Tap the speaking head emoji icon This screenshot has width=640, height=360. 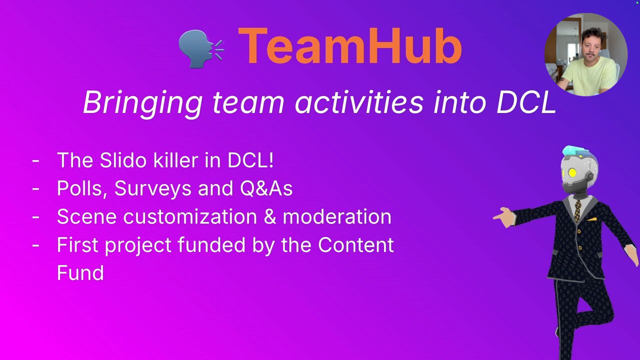point(201,48)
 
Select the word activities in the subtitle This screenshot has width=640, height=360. point(359,102)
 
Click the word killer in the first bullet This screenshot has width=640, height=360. point(175,160)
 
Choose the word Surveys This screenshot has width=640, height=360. point(153,189)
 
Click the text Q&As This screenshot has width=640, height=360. point(266,188)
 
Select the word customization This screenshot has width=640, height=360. point(189,216)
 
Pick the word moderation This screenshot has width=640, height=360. point(337,216)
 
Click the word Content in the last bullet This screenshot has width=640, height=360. point(356,245)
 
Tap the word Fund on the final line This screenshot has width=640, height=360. point(80,273)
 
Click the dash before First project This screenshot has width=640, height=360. point(35,245)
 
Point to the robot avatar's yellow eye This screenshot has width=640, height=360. point(572,172)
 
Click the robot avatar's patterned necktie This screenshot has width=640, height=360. point(578,211)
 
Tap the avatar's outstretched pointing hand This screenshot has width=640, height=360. point(505,217)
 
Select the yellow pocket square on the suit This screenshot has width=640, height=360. point(592,219)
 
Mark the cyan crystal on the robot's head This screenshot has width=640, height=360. point(574,151)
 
